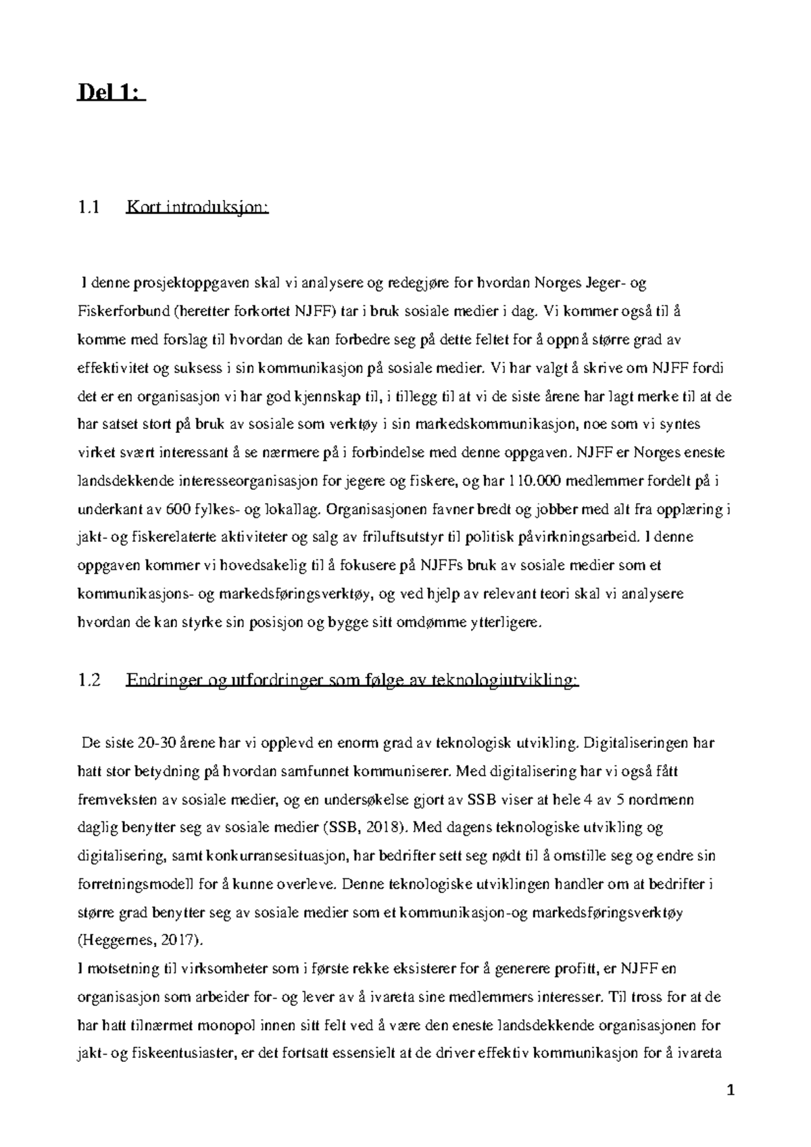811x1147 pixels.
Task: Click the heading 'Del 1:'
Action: pyautogui.click(x=110, y=91)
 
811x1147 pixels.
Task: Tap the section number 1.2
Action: pyautogui.click(x=89, y=681)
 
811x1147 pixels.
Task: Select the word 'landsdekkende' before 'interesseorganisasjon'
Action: pyautogui.click(x=126, y=481)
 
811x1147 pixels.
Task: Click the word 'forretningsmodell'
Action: pyautogui.click(x=137, y=884)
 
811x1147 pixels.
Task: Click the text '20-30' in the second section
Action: pyautogui.click(x=157, y=743)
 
